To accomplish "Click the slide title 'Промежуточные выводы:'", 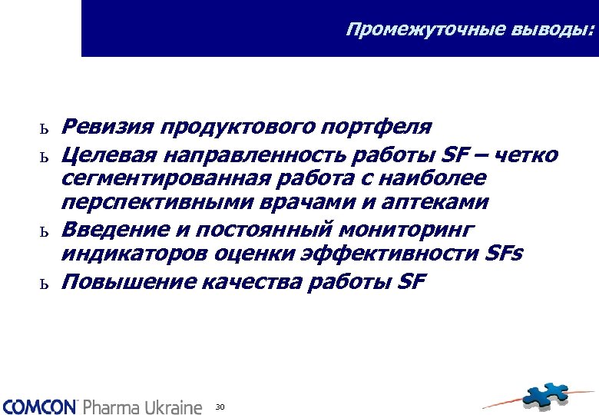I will click(470, 30).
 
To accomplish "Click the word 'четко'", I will click(528, 156).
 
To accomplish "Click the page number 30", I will click(220, 406).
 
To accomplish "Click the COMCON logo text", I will click(39, 406).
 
